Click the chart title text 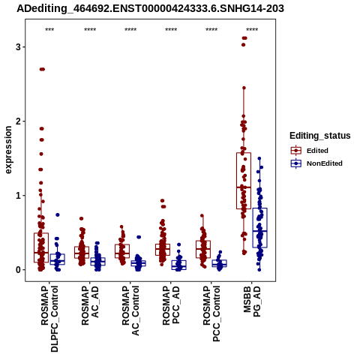point(150,9)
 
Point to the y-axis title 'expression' point(8,150)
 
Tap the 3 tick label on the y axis point(18,46)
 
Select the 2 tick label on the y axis point(18,121)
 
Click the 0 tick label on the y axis point(18,270)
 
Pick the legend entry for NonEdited point(316,163)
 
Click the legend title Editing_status point(320,136)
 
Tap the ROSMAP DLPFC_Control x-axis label point(49,319)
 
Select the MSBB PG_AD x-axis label point(252,301)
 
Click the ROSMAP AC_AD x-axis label point(90,305)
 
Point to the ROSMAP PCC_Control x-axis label point(211,313)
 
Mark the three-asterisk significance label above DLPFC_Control point(49,30)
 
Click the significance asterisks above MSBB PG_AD point(252,30)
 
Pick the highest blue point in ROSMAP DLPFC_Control point(58,214)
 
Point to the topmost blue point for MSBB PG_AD point(259,158)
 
